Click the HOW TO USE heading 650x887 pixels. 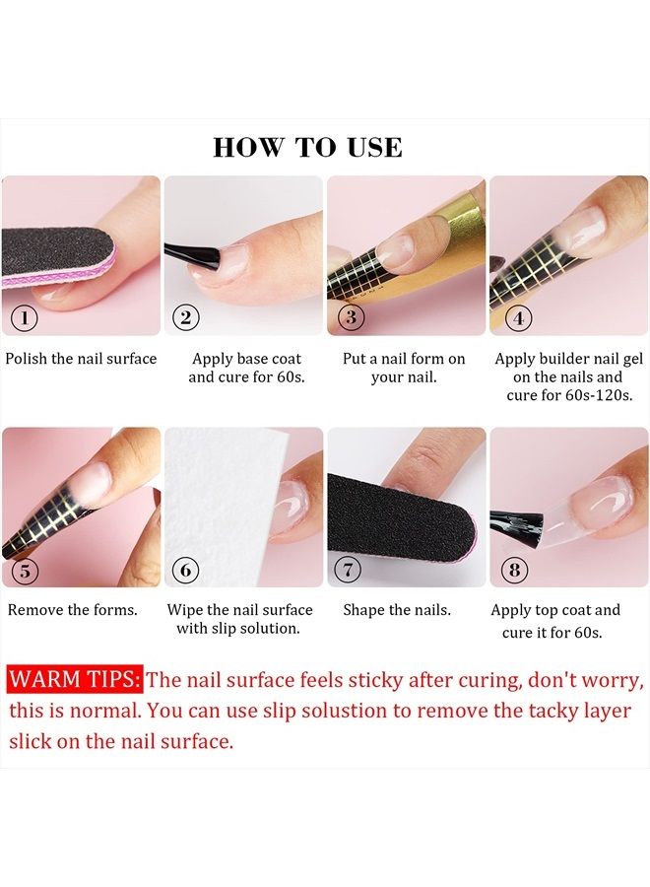click(307, 148)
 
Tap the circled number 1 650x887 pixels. click(24, 317)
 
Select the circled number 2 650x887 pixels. click(185, 317)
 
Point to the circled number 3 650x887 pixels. click(349, 317)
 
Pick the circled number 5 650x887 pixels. click(24, 570)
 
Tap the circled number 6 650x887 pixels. click(185, 570)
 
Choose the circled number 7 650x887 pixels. click(349, 570)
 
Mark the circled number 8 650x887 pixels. click(514, 570)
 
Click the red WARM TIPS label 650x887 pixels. click(75, 680)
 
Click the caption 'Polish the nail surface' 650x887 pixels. click(81, 359)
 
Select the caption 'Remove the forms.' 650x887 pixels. click(73, 610)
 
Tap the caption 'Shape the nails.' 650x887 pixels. click(397, 610)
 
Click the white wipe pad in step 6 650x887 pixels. click(222, 493)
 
